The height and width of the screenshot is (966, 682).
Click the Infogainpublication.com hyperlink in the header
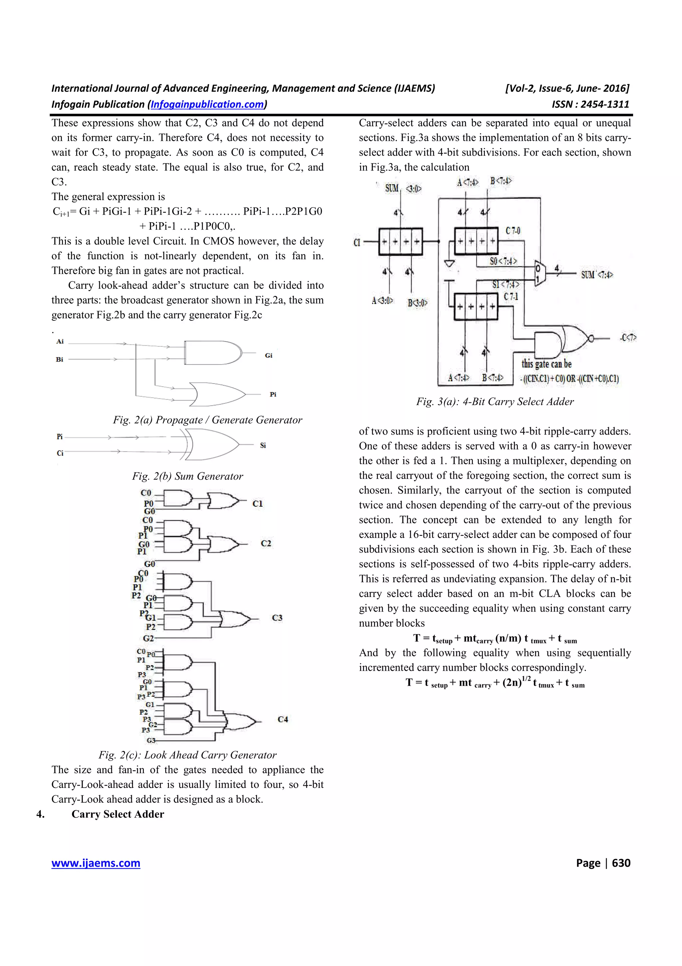pyautogui.click(x=207, y=104)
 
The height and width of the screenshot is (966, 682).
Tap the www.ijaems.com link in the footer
pyautogui.click(x=96, y=863)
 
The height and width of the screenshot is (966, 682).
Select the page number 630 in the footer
pyautogui.click(x=621, y=863)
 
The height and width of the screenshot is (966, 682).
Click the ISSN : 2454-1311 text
pyautogui.click(x=590, y=104)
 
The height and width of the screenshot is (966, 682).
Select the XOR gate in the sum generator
pyautogui.click(x=212, y=445)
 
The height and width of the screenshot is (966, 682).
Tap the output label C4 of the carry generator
pyautogui.click(x=283, y=719)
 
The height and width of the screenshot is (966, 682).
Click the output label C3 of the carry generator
pyautogui.click(x=277, y=618)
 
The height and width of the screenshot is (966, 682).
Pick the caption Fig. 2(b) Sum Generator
pyautogui.click(x=187, y=476)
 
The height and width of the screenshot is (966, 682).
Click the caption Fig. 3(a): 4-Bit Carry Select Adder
pyautogui.click(x=495, y=401)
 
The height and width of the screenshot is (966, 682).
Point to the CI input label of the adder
pyautogui.click(x=357, y=242)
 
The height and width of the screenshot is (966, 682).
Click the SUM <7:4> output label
pyautogui.click(x=597, y=275)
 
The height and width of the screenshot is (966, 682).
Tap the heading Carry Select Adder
pyautogui.click(x=118, y=814)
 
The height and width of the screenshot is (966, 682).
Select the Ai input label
pyautogui.click(x=60, y=342)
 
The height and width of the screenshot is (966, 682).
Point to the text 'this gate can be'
pyautogui.click(x=546, y=364)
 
